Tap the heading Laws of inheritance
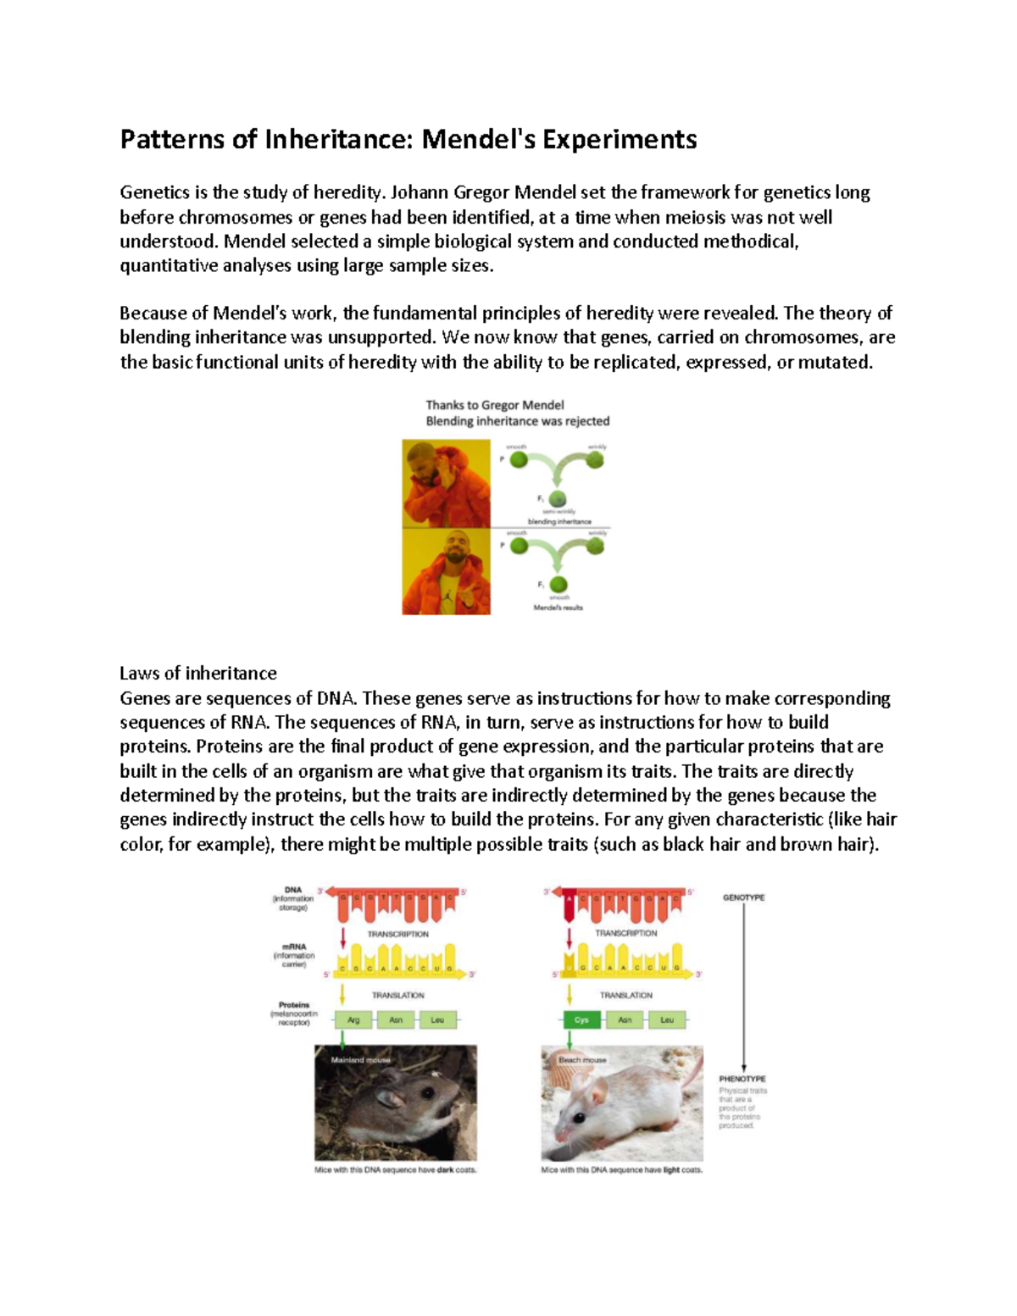point(197,674)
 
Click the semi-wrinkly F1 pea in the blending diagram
point(557,499)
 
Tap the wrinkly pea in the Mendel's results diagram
point(596,547)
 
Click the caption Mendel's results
point(558,608)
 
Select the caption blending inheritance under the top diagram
point(559,522)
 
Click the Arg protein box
point(354,1020)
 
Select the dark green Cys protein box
point(581,1020)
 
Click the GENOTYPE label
point(743,897)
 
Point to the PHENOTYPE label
point(742,1079)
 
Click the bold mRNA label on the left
point(293,947)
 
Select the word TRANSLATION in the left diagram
point(397,996)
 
